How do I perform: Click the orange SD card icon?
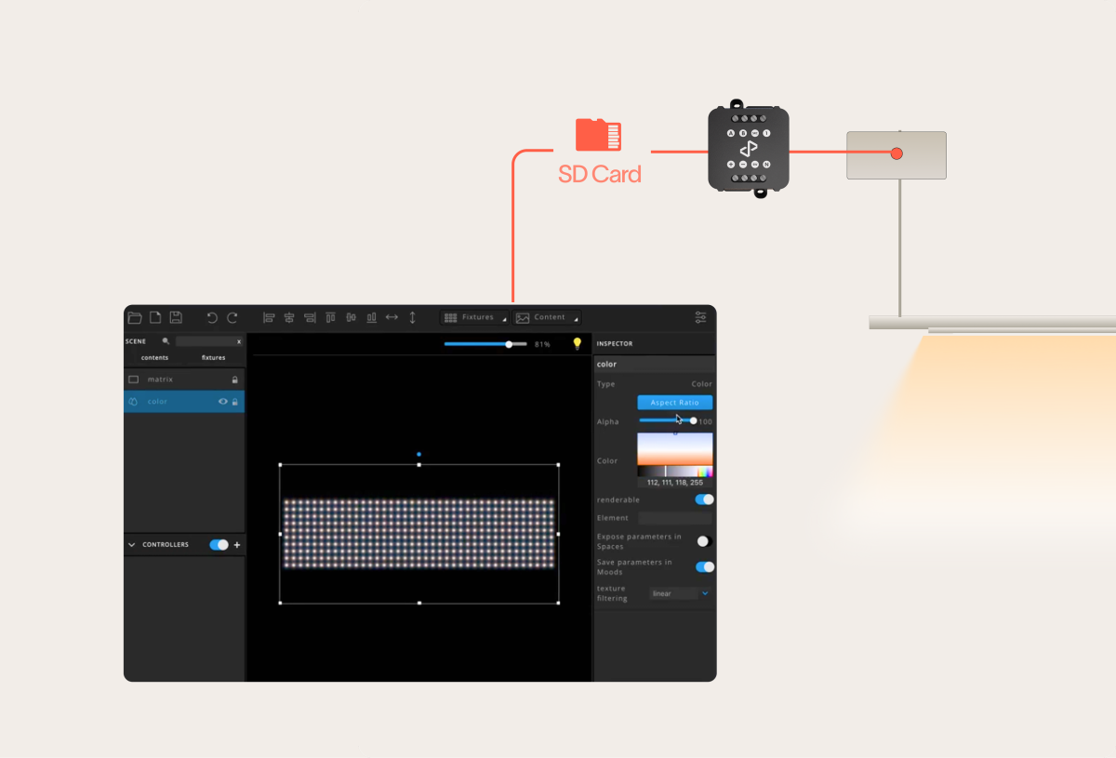tap(598, 135)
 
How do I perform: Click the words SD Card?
tap(599, 174)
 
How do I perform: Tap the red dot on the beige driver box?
tap(897, 153)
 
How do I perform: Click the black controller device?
tap(749, 149)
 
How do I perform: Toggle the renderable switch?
tap(705, 499)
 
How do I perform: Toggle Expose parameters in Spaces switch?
tap(705, 541)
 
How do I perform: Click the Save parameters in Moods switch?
tap(705, 566)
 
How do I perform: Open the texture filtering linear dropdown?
tap(680, 593)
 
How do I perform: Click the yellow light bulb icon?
tap(577, 344)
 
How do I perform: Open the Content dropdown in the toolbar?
tap(548, 317)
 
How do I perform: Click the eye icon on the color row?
tap(223, 402)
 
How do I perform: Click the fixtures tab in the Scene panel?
tap(213, 358)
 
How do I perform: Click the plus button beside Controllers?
tap(237, 545)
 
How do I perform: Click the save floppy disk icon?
tap(176, 317)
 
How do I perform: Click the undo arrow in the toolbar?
tap(212, 317)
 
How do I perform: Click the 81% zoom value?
tap(542, 345)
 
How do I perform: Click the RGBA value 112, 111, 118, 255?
tap(675, 483)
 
